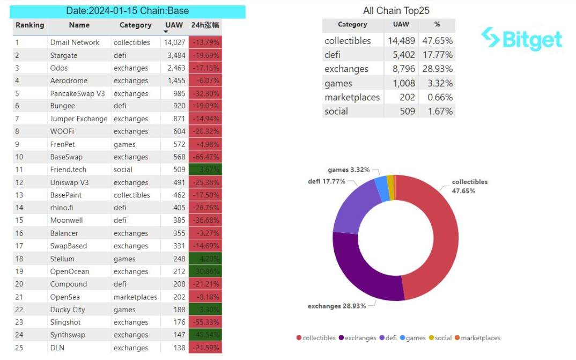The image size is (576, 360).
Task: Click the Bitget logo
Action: pyautogui.click(x=521, y=39)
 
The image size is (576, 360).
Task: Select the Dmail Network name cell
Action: pyautogui.click(x=75, y=42)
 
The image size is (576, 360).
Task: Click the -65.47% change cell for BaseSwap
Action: pyautogui.click(x=205, y=157)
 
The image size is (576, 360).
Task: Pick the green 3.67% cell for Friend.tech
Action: pyautogui.click(x=205, y=170)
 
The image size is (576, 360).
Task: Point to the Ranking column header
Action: pyautogui.click(x=29, y=25)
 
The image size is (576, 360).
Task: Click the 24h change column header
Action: pyautogui.click(x=205, y=25)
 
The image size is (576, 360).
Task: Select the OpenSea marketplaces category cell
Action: pyautogui.click(x=135, y=297)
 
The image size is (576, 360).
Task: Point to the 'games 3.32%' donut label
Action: pyautogui.click(x=349, y=170)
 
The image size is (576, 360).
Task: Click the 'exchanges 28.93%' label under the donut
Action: pyautogui.click(x=336, y=306)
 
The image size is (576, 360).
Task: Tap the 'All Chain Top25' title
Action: pyautogui.click(x=396, y=11)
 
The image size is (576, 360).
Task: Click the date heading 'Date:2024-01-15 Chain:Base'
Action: pyautogui.click(x=128, y=11)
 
